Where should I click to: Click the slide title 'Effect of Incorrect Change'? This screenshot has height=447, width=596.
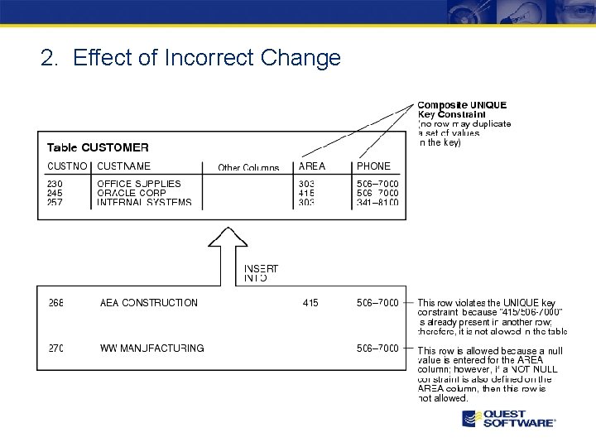pyautogui.click(x=190, y=58)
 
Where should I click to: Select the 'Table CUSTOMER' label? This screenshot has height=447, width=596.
pyautogui.click(x=98, y=147)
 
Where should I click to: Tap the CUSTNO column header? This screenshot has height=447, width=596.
pyautogui.click(x=66, y=166)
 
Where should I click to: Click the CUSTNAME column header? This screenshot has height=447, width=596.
pyautogui.click(x=124, y=166)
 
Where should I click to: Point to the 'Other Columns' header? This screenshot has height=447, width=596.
pyautogui.click(x=248, y=168)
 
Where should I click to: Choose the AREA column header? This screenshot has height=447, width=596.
pyautogui.click(x=312, y=166)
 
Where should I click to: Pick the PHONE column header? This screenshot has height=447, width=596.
pyautogui.click(x=373, y=166)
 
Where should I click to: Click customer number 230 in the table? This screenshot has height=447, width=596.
pyautogui.click(x=55, y=184)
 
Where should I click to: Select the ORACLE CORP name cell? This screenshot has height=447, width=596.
pyautogui.click(x=132, y=193)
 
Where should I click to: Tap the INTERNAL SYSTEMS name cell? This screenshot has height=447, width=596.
pyautogui.click(x=144, y=202)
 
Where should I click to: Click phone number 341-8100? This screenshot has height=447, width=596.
pyautogui.click(x=377, y=202)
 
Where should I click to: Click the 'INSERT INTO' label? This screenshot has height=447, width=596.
pyautogui.click(x=261, y=273)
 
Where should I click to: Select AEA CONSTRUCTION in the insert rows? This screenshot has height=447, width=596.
pyautogui.click(x=149, y=303)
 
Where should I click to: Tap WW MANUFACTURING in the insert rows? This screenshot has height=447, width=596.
pyautogui.click(x=151, y=348)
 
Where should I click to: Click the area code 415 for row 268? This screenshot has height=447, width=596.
pyautogui.click(x=310, y=303)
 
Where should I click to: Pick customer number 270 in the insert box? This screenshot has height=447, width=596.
pyautogui.click(x=55, y=348)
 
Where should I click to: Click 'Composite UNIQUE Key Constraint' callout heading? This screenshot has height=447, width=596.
pyautogui.click(x=462, y=109)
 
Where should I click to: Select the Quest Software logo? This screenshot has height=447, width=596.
pyautogui.click(x=508, y=418)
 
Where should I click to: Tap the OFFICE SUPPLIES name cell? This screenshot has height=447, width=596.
pyautogui.click(x=139, y=184)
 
